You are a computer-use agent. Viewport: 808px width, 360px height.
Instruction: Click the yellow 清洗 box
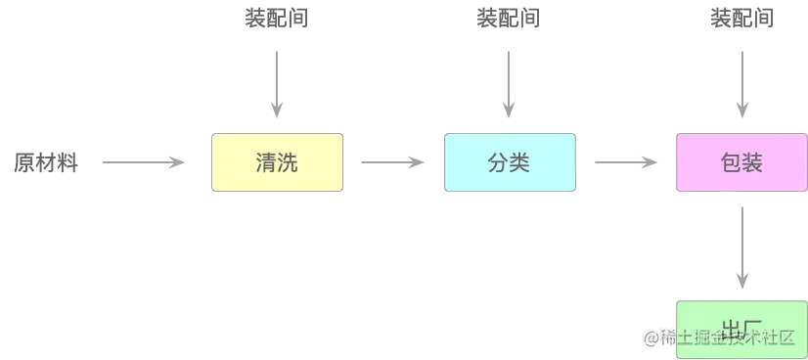(278, 163)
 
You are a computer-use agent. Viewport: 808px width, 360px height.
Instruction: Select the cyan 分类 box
(508, 163)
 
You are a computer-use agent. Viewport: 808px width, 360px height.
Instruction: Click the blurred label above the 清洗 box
(277, 19)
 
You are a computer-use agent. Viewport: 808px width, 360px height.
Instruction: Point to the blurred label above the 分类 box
(509, 19)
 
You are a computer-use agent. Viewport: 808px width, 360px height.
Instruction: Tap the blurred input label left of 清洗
(42, 162)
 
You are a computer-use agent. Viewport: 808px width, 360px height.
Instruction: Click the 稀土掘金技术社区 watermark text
(731, 337)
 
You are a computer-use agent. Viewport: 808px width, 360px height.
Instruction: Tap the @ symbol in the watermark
(649, 337)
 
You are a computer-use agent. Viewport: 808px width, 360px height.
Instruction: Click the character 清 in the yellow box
(265, 163)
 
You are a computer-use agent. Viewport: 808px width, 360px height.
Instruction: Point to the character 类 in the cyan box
(519, 163)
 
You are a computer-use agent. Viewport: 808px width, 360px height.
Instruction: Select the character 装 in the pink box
(752, 163)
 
